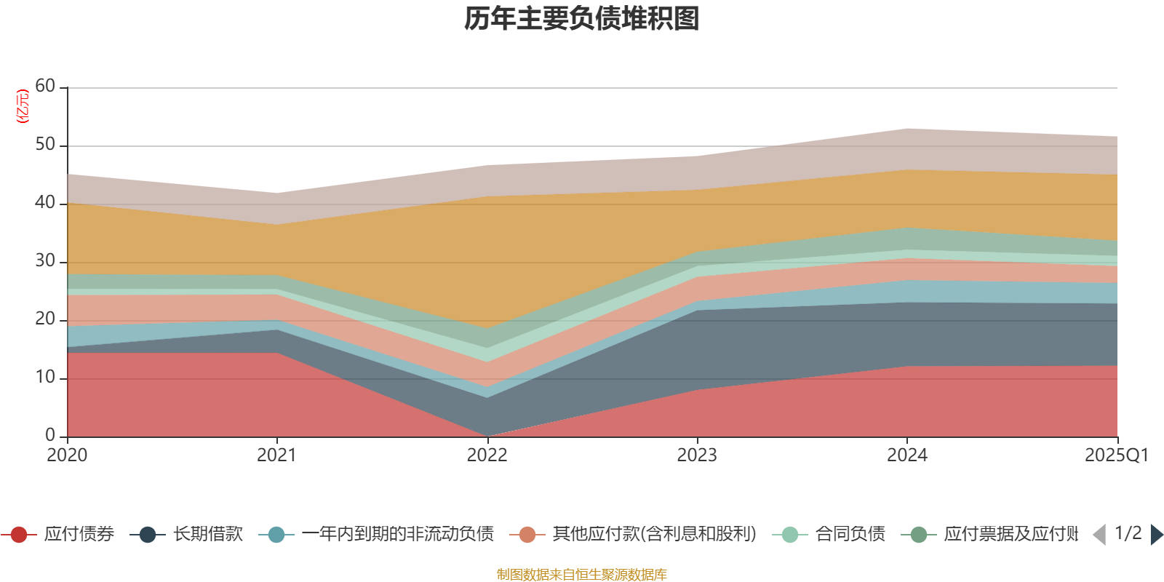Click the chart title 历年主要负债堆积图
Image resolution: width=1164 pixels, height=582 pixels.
click(582, 19)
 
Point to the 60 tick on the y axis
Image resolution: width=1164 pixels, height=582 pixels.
click(45, 87)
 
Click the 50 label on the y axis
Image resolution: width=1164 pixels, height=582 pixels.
click(45, 145)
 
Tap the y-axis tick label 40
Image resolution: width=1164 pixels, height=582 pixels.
click(45, 203)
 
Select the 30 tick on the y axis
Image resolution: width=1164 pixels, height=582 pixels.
click(45, 261)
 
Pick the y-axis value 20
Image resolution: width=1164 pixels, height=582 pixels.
click(45, 319)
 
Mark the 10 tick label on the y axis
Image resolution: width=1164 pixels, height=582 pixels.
click(45, 378)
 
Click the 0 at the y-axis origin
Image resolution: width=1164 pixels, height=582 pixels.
click(50, 436)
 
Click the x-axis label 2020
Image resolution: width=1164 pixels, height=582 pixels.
click(67, 455)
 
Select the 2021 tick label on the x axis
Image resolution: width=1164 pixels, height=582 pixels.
click(276, 455)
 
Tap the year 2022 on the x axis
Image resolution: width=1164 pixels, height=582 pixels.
click(487, 455)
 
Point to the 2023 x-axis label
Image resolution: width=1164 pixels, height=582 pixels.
click(697, 455)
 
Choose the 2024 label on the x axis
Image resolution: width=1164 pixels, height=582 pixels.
click(906, 455)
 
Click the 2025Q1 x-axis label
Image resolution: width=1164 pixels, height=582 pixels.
click(1116, 455)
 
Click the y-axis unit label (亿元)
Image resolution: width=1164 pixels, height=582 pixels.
click(23, 106)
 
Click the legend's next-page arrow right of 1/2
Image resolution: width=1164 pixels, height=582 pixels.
click(1157, 535)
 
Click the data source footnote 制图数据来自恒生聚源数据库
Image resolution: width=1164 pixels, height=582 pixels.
click(582, 575)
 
